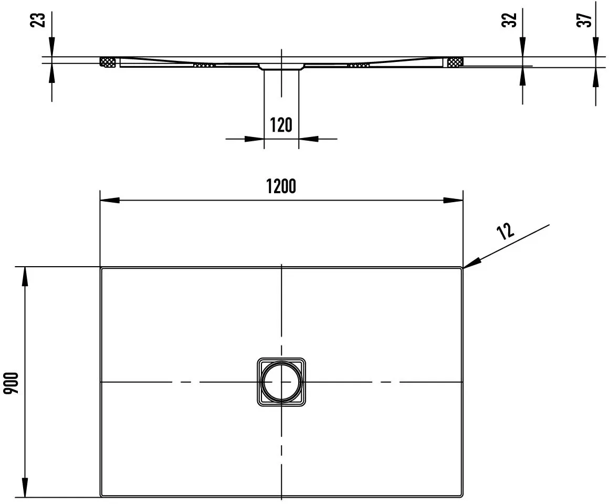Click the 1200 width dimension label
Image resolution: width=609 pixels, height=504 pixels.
pyautogui.click(x=281, y=186)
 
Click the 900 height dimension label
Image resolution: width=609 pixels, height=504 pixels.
pyautogui.click(x=11, y=383)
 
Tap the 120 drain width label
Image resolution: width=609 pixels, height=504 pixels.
pyautogui.click(x=281, y=125)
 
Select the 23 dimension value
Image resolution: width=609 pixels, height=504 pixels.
pyautogui.click(x=38, y=20)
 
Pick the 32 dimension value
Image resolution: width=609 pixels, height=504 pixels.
pyautogui.click(x=509, y=20)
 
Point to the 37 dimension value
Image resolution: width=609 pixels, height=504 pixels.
pyautogui.click(x=584, y=20)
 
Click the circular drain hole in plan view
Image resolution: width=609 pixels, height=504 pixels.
pyautogui.click(x=281, y=382)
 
